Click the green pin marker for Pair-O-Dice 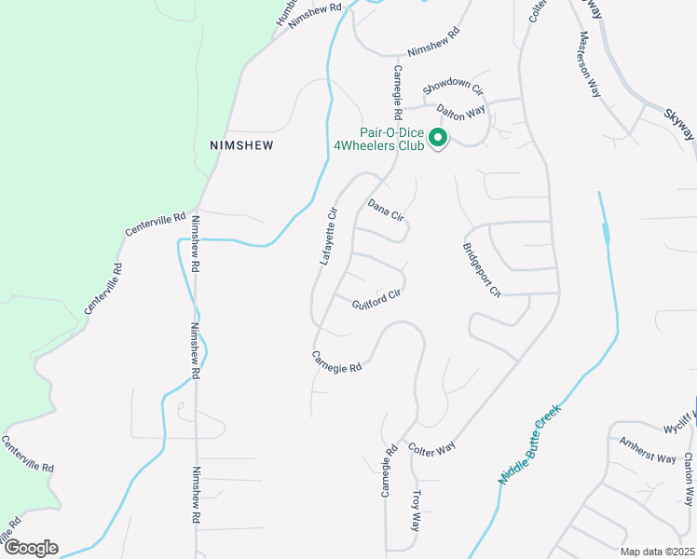438,139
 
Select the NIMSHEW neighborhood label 245,146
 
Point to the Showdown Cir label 454,88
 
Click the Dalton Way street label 461,111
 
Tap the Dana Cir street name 386,210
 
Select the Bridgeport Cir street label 482,270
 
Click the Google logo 30,548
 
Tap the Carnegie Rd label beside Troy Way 389,470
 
